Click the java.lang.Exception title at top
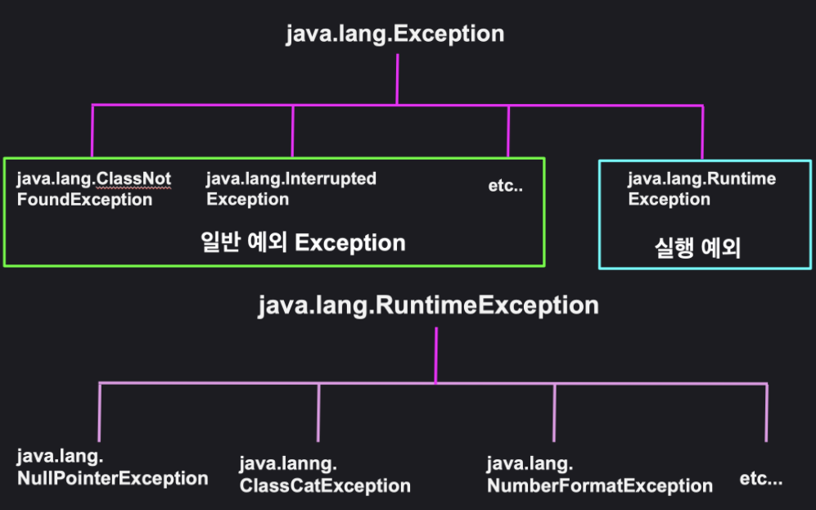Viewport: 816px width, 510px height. pos(394,34)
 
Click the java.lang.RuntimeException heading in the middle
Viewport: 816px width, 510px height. pos(428,306)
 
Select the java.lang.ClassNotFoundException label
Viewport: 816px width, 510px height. pos(93,189)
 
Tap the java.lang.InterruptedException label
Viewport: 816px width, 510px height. pos(291,189)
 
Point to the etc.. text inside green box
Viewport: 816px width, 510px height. pos(505,186)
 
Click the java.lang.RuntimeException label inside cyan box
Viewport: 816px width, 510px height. pos(701,189)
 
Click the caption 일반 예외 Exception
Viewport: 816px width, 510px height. pos(303,243)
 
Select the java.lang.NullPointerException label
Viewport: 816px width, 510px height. pos(112,467)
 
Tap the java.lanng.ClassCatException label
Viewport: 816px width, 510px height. pos(324,476)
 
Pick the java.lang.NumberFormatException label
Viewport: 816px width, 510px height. pos(599,476)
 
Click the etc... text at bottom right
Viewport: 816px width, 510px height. pos(761,479)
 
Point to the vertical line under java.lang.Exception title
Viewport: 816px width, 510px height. pos(397,79)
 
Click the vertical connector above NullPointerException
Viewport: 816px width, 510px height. pos(100,413)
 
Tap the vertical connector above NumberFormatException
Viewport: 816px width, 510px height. pos(554,413)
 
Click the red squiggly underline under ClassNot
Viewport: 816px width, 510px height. pos(135,187)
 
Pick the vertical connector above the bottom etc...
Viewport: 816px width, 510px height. pos(767,413)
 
